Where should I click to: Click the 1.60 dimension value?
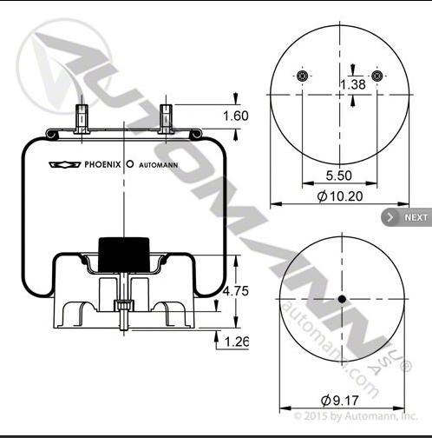pyautogui.click(x=236, y=116)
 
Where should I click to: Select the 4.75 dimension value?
pyautogui.click(x=236, y=291)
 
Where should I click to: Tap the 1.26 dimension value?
pyautogui.click(x=237, y=342)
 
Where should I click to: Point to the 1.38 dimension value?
pyautogui.click(x=353, y=84)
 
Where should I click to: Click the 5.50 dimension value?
pyautogui.click(x=339, y=176)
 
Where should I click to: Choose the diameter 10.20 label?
pyautogui.click(x=340, y=196)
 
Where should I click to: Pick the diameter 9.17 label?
pyautogui.click(x=340, y=401)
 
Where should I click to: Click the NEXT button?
pyautogui.click(x=407, y=217)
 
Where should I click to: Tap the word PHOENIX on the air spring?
pyautogui.click(x=102, y=165)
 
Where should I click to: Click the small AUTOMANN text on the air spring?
pyautogui.click(x=159, y=165)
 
